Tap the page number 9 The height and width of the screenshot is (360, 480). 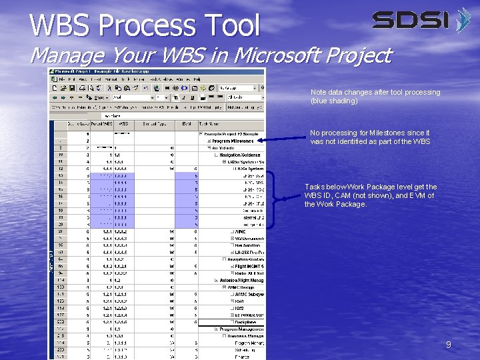click(x=449, y=345)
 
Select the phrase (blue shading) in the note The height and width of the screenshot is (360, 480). click(x=334, y=101)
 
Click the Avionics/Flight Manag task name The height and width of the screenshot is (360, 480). click(x=242, y=281)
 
